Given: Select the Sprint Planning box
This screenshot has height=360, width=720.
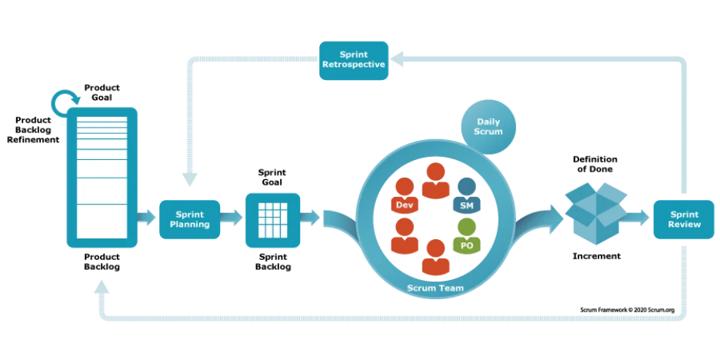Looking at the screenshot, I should [188, 219].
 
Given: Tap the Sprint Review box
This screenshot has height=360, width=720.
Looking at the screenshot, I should [684, 219].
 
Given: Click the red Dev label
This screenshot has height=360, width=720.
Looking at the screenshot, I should [403, 205].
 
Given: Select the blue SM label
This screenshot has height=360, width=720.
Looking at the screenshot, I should [466, 205].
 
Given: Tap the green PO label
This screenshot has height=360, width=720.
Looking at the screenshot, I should [466, 245].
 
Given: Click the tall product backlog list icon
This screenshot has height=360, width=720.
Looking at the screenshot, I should [102, 177].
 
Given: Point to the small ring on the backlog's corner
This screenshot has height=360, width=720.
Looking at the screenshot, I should [61, 102].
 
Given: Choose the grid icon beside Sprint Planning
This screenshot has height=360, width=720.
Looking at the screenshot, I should [272, 219].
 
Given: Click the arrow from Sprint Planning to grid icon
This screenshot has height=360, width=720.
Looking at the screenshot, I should [232, 219].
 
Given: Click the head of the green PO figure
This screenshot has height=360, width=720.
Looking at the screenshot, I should [466, 225].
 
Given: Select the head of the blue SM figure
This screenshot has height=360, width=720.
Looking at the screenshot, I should [466, 185].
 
